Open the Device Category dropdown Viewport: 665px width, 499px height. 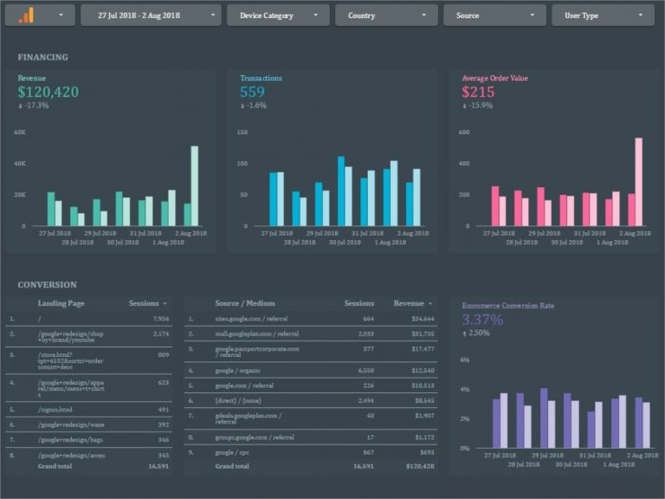[x=278, y=16]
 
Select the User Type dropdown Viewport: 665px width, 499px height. [x=603, y=16]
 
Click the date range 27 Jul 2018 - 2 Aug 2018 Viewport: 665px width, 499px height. [x=150, y=16]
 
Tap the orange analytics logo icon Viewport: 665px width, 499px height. [x=27, y=15]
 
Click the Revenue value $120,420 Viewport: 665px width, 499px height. [x=48, y=92]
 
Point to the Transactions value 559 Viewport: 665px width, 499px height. [x=252, y=92]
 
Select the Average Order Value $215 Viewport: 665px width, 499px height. [x=478, y=92]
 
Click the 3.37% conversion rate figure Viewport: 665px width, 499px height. [x=482, y=320]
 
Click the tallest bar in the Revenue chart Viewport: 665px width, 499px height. [x=195, y=185]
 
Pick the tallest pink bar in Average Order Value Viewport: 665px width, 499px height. [x=638, y=182]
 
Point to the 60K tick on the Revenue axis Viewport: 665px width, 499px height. [x=20, y=133]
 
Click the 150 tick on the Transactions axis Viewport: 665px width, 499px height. [x=242, y=133]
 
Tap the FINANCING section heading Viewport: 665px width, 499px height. [x=42, y=57]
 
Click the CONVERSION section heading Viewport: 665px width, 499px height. [x=47, y=284]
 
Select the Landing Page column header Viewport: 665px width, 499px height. [x=61, y=303]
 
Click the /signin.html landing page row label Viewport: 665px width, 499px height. [x=55, y=410]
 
